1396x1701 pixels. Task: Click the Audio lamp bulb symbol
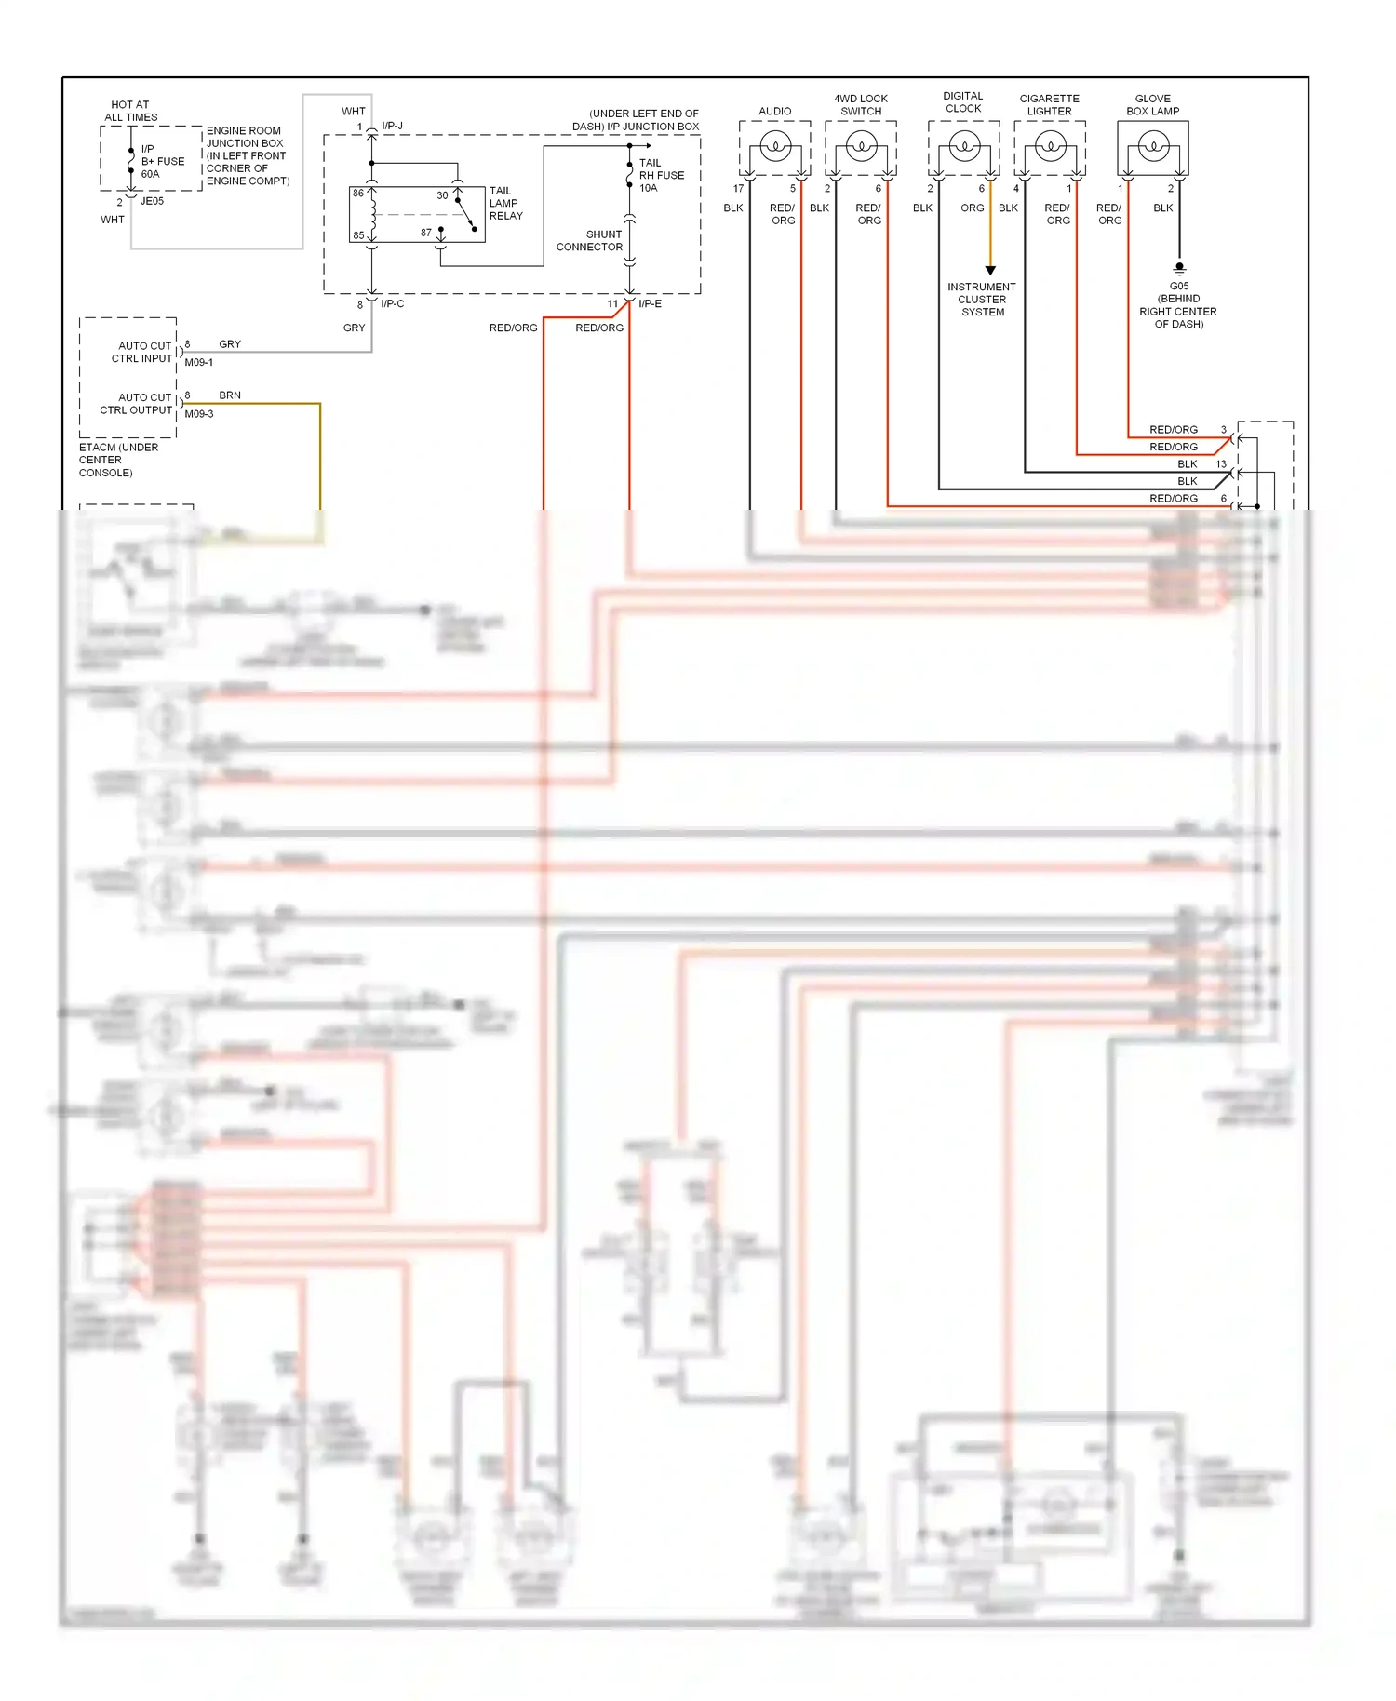[775, 146]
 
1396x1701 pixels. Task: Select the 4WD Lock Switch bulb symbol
[861, 146]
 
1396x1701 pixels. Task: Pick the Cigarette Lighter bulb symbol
[1051, 146]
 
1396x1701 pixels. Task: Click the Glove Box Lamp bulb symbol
[1153, 146]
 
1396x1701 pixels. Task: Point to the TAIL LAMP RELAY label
[505, 203]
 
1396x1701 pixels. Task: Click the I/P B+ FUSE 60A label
[162, 161]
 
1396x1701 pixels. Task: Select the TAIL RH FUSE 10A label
[661, 175]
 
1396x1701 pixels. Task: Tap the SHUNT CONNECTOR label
[590, 241]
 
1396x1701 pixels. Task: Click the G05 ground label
[1179, 287]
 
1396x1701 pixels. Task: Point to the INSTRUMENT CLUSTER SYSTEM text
[982, 300]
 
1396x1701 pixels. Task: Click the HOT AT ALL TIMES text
[130, 111]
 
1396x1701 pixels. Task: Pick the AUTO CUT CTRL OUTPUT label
[137, 404]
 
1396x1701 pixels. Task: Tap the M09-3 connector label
[198, 414]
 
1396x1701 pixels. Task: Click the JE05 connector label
[152, 201]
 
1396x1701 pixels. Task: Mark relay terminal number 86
[358, 194]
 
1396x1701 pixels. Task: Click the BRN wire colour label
[230, 395]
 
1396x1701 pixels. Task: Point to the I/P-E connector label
[650, 304]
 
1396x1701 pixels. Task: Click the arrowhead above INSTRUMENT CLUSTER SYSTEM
[990, 271]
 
